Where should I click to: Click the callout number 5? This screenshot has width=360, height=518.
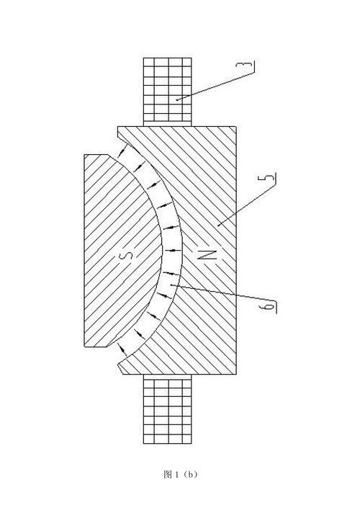point(270,177)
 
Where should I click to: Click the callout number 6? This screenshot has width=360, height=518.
point(269,306)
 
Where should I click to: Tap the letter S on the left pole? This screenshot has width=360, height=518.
point(129,255)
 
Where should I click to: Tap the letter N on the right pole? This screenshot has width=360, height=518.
point(208,254)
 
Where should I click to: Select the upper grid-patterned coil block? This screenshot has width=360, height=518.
point(168,91)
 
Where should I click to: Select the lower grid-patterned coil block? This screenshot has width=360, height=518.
point(168,409)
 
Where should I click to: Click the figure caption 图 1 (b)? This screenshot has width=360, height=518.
point(180,475)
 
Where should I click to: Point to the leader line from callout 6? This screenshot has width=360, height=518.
point(223,293)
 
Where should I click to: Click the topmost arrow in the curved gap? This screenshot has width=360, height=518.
point(122,151)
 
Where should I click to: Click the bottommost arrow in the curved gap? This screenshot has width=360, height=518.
point(122,351)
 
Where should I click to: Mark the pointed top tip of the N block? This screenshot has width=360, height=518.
point(118,128)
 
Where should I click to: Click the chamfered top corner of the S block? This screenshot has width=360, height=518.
point(108,155)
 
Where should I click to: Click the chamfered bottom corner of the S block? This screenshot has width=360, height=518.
point(107,347)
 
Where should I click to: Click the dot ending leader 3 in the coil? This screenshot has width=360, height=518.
point(177,99)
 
